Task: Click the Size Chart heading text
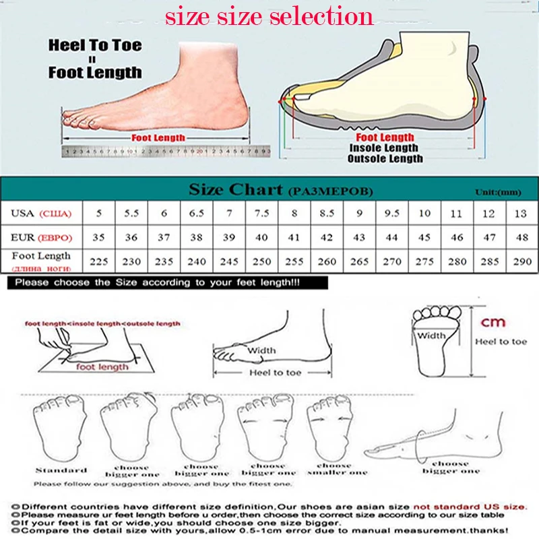click(x=234, y=189)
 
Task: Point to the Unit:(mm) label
click(x=498, y=192)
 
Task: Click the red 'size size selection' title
click(x=269, y=16)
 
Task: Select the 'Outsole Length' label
click(x=385, y=158)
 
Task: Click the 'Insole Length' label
click(x=383, y=148)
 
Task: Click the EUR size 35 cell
click(x=99, y=238)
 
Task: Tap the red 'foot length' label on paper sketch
click(x=102, y=367)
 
